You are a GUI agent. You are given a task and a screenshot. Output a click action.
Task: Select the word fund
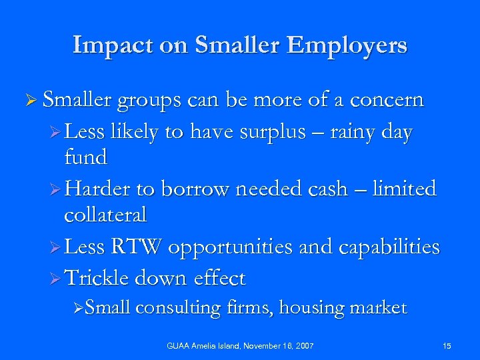(x=86, y=157)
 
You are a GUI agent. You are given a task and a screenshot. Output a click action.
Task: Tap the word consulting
(x=179, y=308)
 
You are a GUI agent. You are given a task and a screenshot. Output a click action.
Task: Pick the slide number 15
(x=446, y=345)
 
